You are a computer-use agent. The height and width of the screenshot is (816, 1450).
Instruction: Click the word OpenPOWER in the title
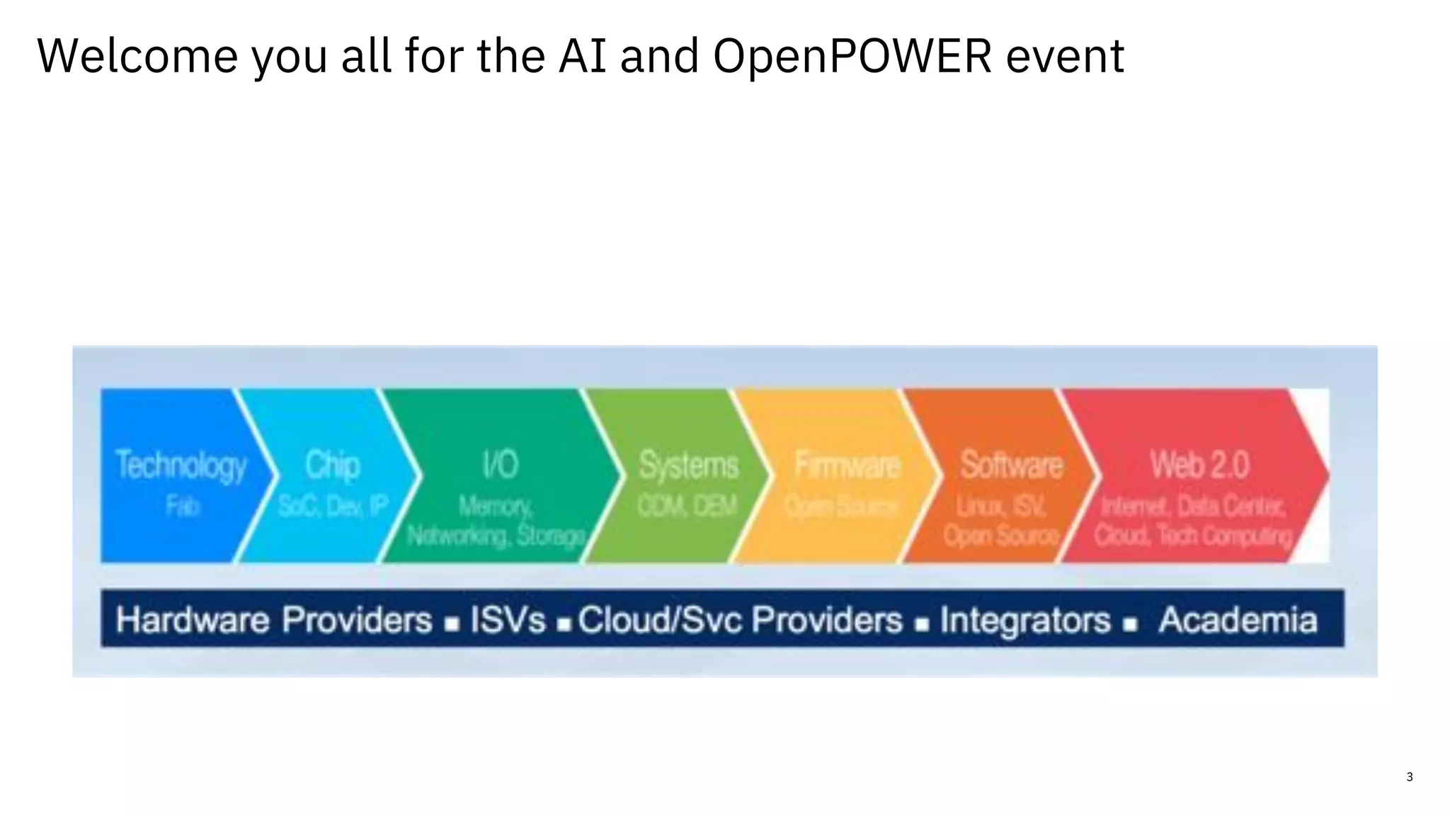point(852,57)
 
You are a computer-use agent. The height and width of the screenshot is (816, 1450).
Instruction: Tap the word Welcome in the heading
point(137,57)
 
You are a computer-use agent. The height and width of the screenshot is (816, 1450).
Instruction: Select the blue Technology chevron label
point(181,465)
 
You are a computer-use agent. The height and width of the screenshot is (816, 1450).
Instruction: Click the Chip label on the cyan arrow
point(333,465)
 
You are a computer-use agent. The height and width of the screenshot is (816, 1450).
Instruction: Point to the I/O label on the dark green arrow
point(500,465)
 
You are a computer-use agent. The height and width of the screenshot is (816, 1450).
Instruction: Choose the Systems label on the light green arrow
point(688,465)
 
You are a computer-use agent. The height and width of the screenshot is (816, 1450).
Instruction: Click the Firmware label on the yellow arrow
point(847,465)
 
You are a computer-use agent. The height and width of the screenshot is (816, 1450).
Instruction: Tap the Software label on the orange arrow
point(1011,465)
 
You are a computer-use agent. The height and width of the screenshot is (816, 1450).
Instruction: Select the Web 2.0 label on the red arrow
point(1199,465)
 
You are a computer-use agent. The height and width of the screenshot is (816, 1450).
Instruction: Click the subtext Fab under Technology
point(183,506)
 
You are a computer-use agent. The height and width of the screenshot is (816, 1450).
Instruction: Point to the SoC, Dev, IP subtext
point(333,506)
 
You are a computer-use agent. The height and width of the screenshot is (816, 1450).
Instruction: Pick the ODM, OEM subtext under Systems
point(687,506)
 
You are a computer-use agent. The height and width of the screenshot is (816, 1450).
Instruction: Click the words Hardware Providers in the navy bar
point(274,620)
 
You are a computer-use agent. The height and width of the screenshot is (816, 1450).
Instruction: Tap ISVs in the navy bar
point(508,620)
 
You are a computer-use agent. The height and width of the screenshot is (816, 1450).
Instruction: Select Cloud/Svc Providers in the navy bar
point(740,620)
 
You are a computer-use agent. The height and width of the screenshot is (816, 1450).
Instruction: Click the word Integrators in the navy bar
point(1025,620)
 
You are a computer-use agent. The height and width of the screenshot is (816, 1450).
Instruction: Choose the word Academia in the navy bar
point(1238,620)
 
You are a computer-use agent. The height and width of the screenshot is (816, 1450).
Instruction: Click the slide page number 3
point(1409,777)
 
